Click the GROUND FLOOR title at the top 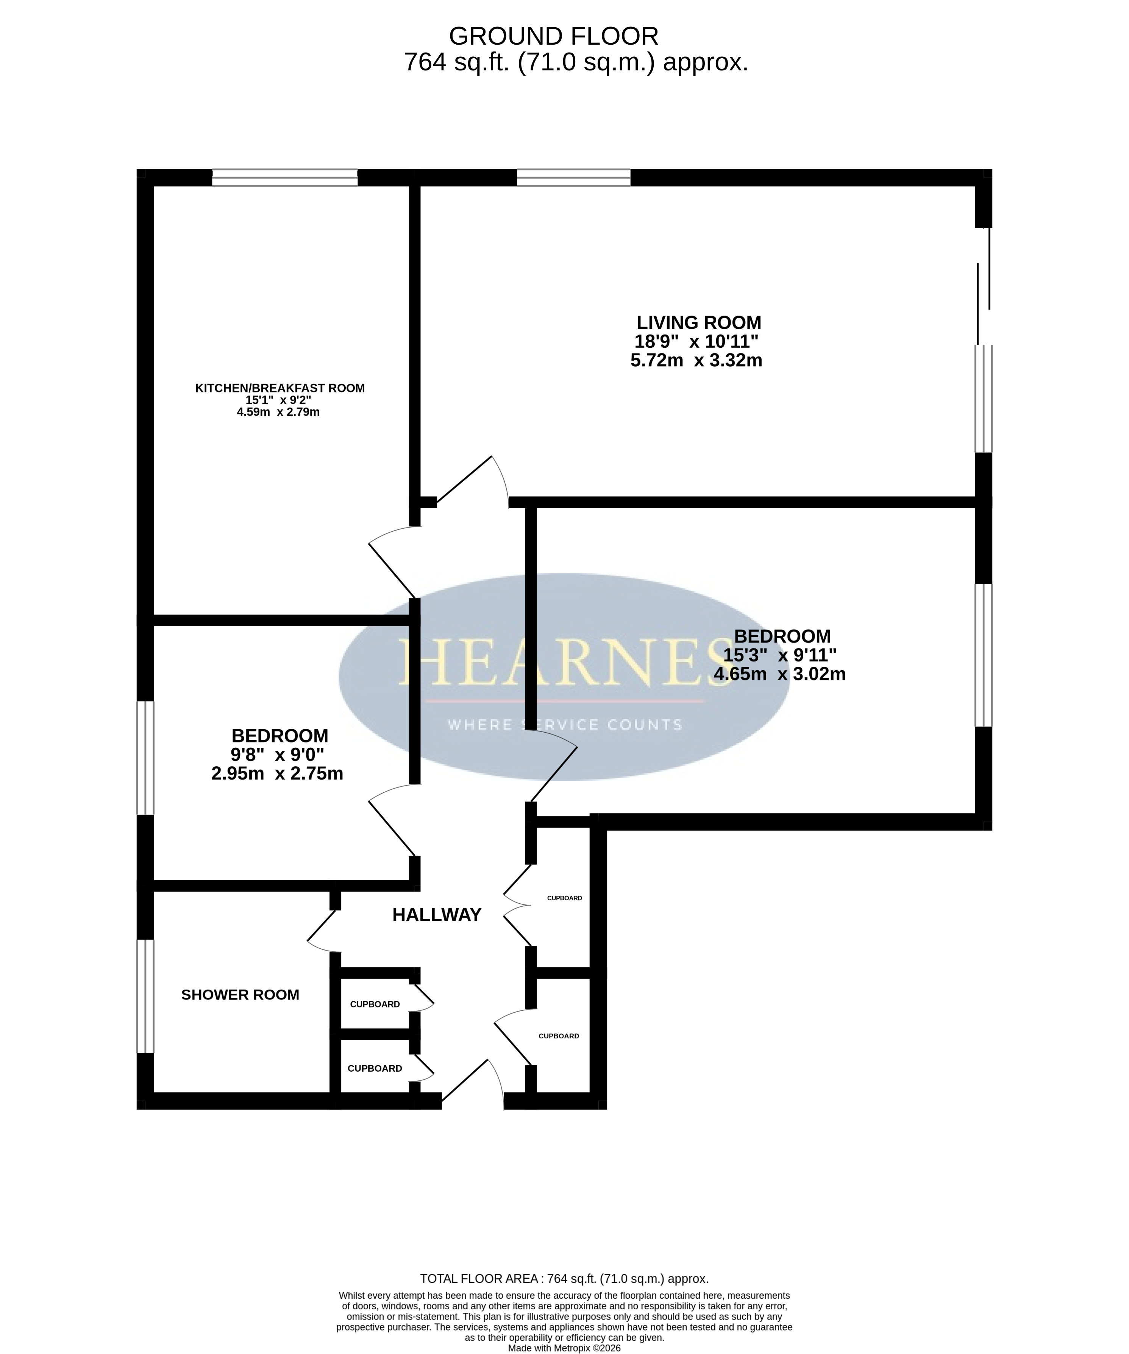tap(554, 36)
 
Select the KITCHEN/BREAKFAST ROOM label tap(280, 388)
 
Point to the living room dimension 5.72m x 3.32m tap(696, 360)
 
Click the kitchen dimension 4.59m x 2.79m tap(278, 412)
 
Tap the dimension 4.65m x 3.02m tap(779, 674)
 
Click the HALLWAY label tap(437, 914)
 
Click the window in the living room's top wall tap(573, 177)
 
